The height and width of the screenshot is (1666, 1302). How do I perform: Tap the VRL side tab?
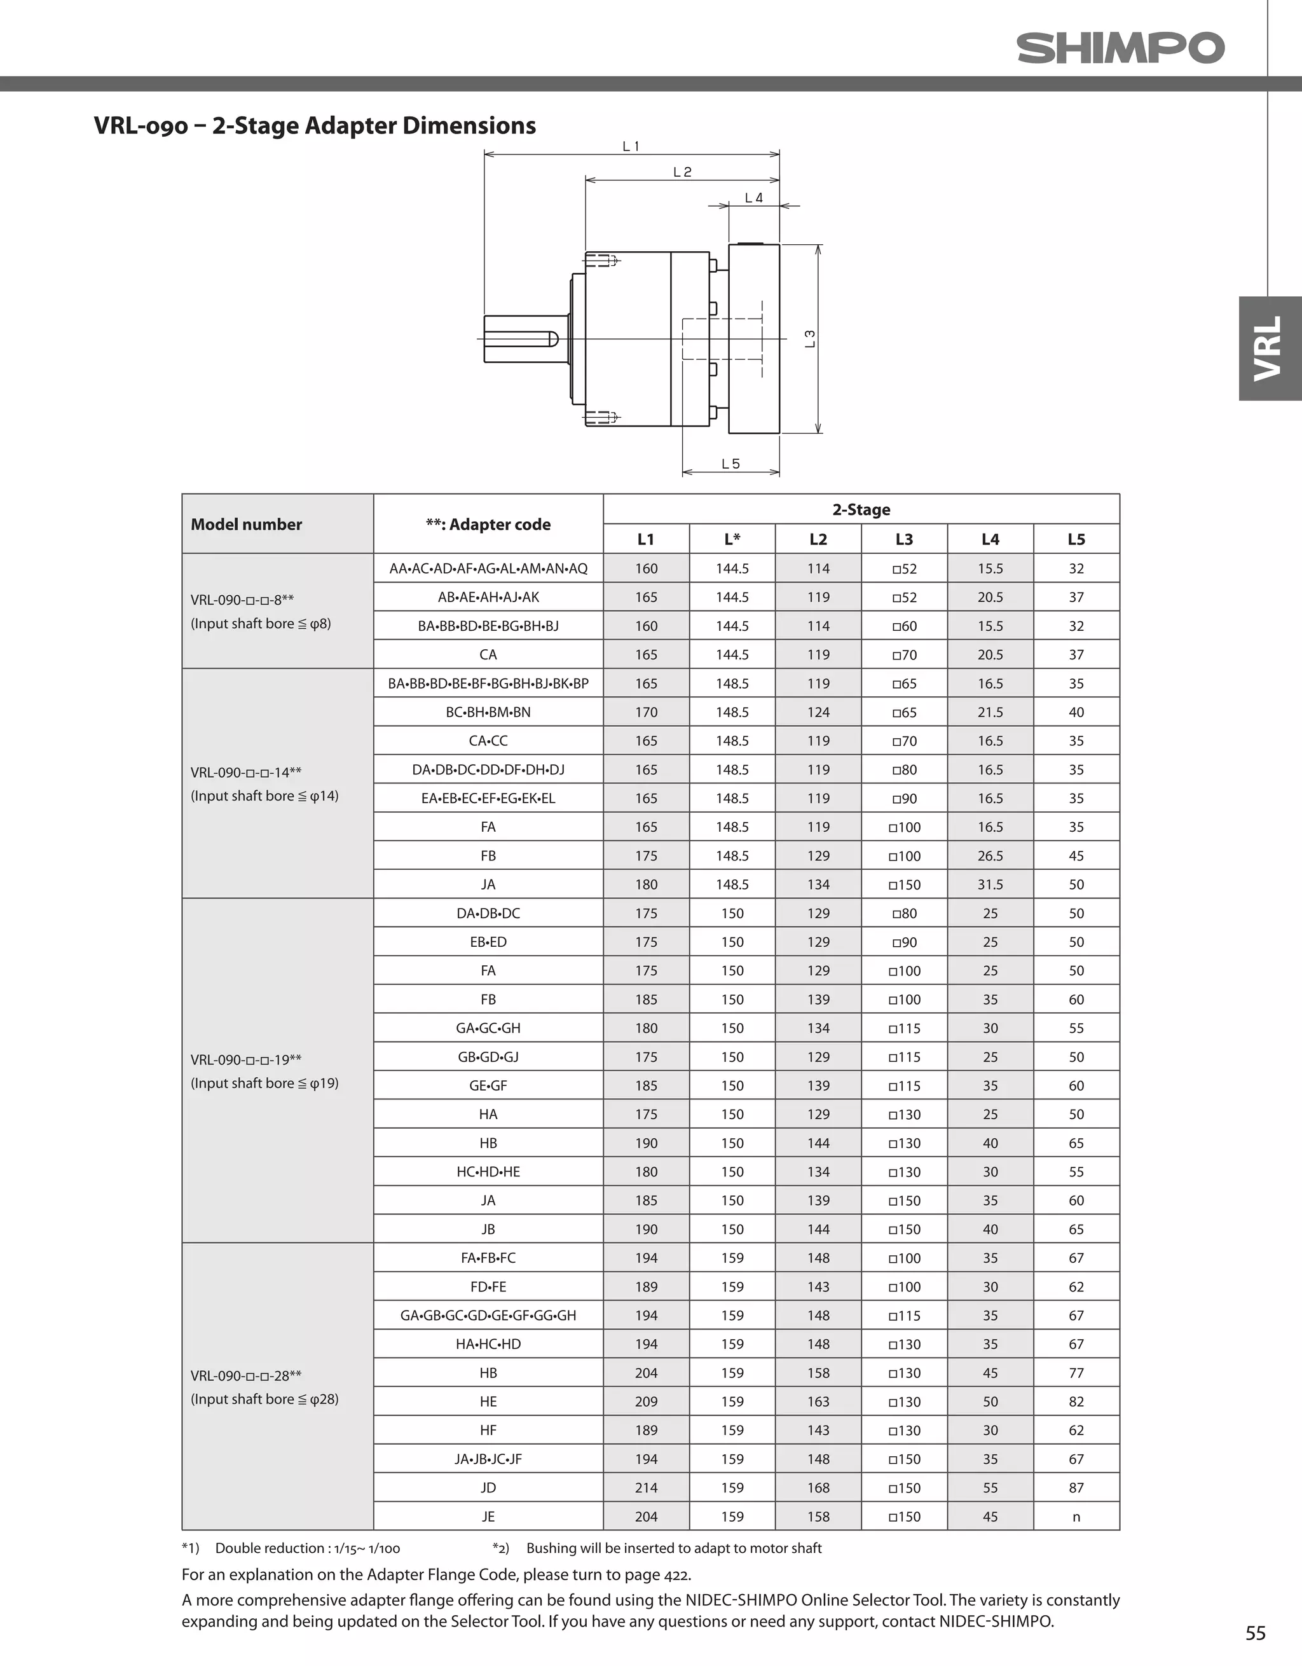tap(1268, 348)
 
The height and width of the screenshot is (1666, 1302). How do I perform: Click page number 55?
tap(1255, 1632)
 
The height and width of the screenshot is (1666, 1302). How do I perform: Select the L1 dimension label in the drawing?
tap(631, 146)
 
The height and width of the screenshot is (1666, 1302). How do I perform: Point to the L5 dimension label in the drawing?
tap(730, 464)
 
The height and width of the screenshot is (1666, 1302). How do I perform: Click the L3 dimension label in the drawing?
tap(810, 339)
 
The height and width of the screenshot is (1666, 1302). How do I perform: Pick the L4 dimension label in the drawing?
tap(753, 198)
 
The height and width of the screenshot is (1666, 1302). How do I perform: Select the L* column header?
tap(732, 539)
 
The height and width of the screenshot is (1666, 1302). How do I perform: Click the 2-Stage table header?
tap(861, 509)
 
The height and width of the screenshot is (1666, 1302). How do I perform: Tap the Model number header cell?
tap(247, 524)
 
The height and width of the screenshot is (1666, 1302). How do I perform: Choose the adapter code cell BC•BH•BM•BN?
tap(488, 712)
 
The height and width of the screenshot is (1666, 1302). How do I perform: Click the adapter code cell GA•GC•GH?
tap(488, 1028)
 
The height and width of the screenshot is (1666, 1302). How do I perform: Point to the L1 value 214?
tap(646, 1487)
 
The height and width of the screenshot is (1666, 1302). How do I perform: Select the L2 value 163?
tap(818, 1401)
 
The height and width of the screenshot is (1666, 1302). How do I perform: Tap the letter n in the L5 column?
tap(1076, 1517)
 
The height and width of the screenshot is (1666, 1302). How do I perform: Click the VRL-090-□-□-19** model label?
tap(245, 1059)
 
